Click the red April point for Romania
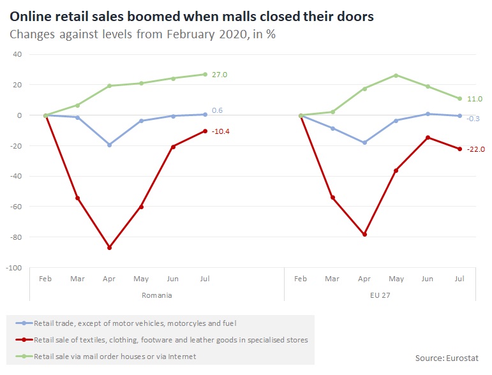pyautogui.click(x=109, y=247)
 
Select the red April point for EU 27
pyautogui.click(x=364, y=235)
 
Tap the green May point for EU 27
pyautogui.click(x=396, y=75)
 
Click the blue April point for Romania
pyautogui.click(x=109, y=145)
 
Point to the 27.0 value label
pyautogui.click(x=220, y=75)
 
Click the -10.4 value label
pyautogui.click(x=221, y=131)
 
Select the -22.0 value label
pyautogui.click(x=476, y=149)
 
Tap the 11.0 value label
pyautogui.click(x=475, y=99)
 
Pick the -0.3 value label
pyautogui.click(x=473, y=119)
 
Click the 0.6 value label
pyautogui.click(x=217, y=110)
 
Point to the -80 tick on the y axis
pyautogui.click(x=15, y=237)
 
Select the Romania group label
pyautogui.click(x=157, y=295)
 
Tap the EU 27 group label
pyautogui.click(x=380, y=295)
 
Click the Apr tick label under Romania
pyautogui.click(x=109, y=279)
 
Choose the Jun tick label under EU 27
pyautogui.click(x=428, y=279)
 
